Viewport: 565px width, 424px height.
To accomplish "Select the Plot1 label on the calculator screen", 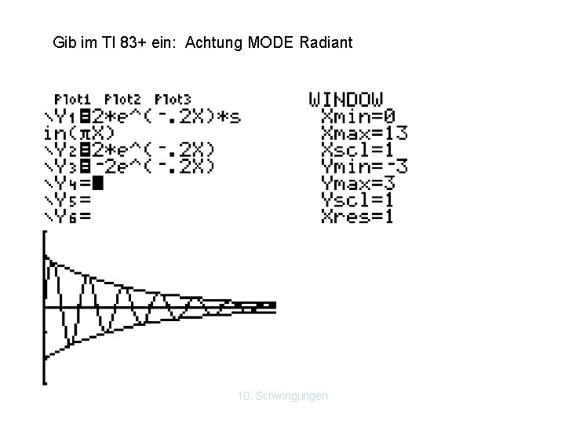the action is pyautogui.click(x=72, y=100).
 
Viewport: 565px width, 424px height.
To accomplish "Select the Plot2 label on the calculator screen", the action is pyautogui.click(x=122, y=100).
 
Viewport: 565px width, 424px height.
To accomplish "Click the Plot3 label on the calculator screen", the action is pyautogui.click(x=173, y=100).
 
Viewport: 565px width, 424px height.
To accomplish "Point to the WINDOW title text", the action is pyautogui.click(x=346, y=100).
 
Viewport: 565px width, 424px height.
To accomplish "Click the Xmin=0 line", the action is pyautogui.click(x=358, y=116).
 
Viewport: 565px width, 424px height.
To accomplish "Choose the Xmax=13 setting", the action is pyautogui.click(x=364, y=133).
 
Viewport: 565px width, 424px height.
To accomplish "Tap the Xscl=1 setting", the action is pyautogui.click(x=358, y=149).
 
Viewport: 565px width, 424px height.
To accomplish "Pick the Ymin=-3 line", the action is pyautogui.click(x=364, y=166).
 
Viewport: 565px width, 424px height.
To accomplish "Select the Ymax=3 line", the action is pyautogui.click(x=358, y=183).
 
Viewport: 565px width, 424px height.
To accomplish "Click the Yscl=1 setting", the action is pyautogui.click(x=358, y=199).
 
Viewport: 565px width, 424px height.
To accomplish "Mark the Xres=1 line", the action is pyautogui.click(x=358, y=216).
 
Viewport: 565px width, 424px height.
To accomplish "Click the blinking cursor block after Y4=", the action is pyautogui.click(x=97, y=183).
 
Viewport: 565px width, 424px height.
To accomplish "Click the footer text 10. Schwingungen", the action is pyautogui.click(x=282, y=396).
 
